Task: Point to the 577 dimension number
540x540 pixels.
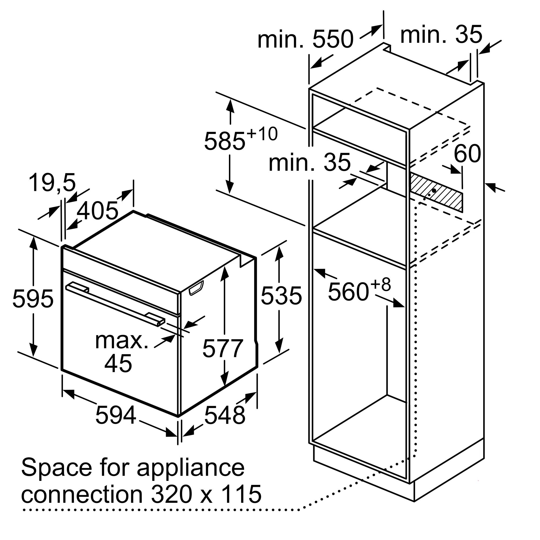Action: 222,348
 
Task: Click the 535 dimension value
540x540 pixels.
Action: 281,295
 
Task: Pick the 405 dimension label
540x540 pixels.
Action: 97,211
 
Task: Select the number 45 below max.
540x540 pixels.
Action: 118,363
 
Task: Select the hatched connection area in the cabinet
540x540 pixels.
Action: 436,192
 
